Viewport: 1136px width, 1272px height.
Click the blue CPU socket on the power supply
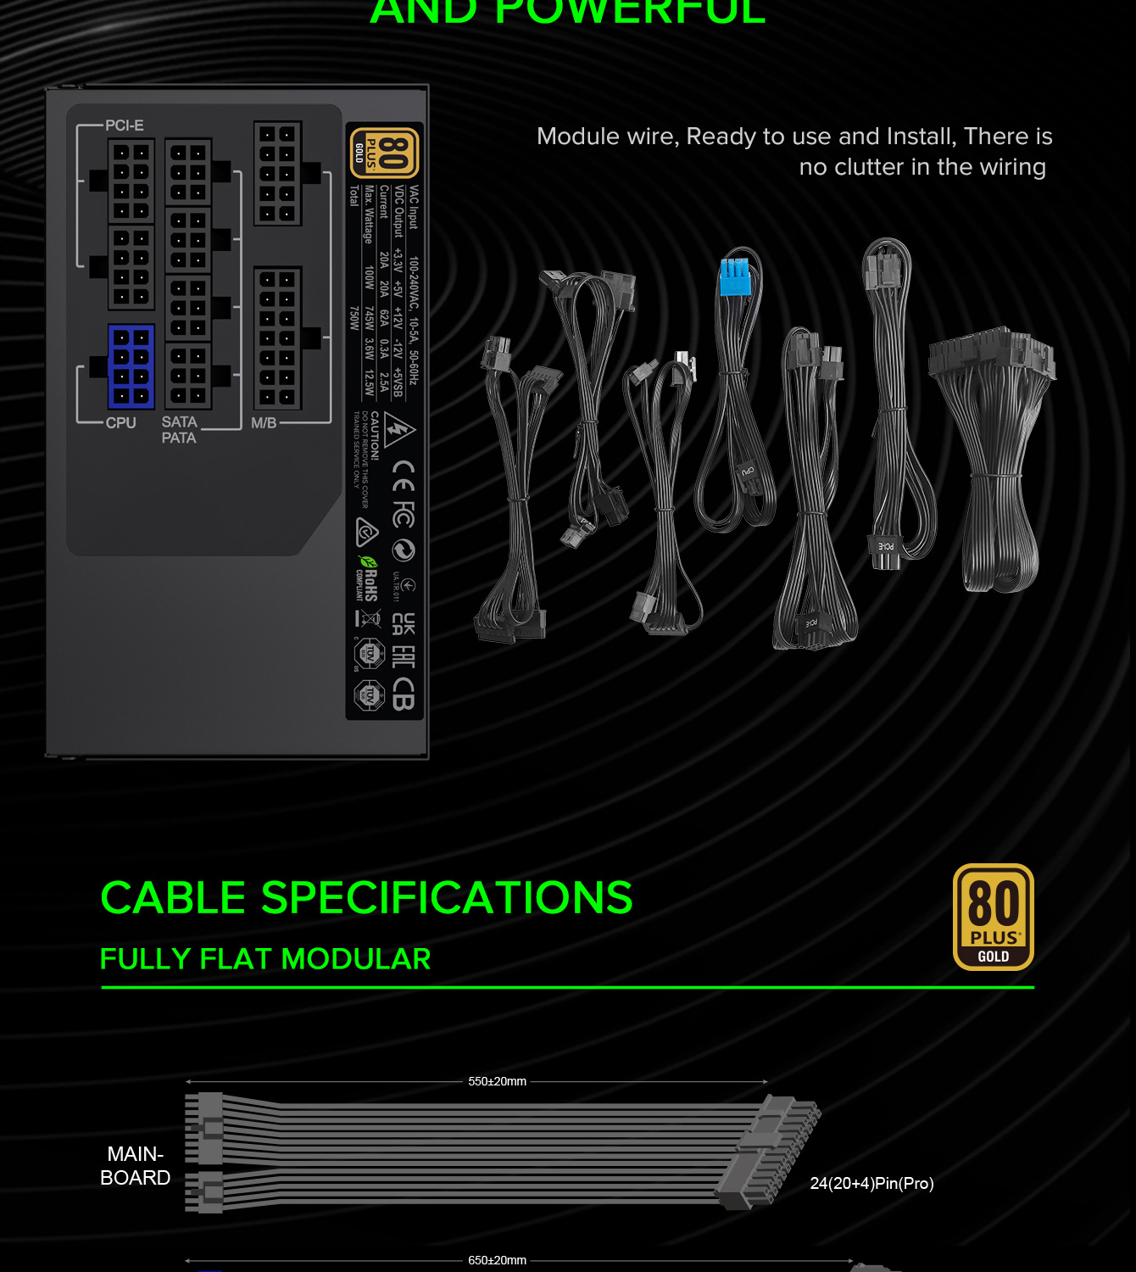[131, 366]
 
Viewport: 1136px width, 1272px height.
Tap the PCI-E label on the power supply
[125, 126]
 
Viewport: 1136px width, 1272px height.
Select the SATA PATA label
[179, 430]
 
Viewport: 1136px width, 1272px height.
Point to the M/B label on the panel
[264, 422]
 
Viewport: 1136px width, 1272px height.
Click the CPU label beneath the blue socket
[120, 422]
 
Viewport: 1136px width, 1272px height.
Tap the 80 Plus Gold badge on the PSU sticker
[384, 153]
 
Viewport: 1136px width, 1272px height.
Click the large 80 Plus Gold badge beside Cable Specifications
[993, 917]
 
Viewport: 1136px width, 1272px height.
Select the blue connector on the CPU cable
[736, 277]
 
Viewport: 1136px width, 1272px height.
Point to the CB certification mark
[404, 693]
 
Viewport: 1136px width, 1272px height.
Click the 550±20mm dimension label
[497, 1081]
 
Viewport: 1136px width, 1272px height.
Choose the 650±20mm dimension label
[497, 1260]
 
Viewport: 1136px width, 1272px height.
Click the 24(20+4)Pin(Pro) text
[871, 1183]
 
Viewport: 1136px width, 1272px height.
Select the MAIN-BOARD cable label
[135, 1166]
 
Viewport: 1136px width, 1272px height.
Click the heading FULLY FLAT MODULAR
[265, 959]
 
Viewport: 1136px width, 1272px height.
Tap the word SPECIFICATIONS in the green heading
[447, 898]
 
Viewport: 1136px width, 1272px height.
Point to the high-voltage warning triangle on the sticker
[398, 429]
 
